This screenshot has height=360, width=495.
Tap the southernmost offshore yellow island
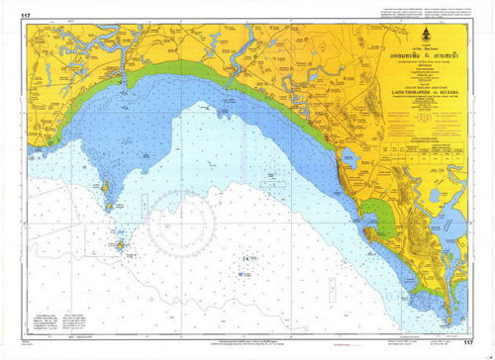tap(120, 243)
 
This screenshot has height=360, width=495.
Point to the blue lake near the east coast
tap(349, 156)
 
